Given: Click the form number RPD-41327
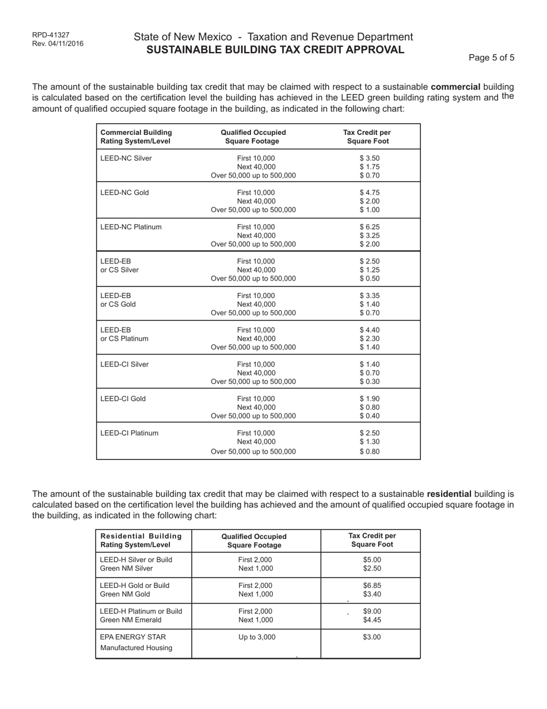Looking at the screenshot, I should [x=51, y=35].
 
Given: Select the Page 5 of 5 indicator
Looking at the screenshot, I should [x=491, y=58].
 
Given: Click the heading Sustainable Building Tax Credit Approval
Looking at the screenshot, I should [x=275, y=50].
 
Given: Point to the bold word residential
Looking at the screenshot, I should [x=449, y=494].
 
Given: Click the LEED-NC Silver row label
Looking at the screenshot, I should [x=126, y=159].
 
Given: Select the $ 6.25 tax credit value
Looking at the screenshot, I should [x=370, y=227].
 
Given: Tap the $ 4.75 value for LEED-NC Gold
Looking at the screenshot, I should [x=370, y=193].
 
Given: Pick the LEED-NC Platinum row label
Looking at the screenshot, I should [x=131, y=227].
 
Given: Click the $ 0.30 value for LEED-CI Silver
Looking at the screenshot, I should [x=370, y=382].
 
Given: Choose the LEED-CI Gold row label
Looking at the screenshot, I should [x=123, y=399].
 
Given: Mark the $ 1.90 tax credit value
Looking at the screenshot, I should [x=370, y=399].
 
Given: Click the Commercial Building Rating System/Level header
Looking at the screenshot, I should [x=136, y=137].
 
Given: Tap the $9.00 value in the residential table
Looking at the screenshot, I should [x=372, y=612].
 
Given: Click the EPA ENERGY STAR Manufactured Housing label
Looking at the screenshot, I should [x=136, y=642].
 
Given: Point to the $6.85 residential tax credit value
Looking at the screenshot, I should [x=372, y=586].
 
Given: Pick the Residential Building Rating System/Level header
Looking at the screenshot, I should [x=140, y=541].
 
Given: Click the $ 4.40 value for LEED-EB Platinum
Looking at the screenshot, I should [x=370, y=330].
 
